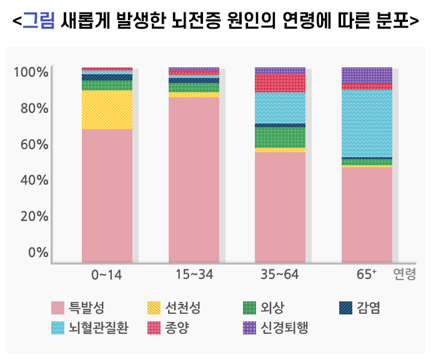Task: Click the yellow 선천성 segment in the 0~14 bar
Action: click(x=107, y=110)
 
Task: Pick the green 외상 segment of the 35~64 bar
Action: click(x=280, y=137)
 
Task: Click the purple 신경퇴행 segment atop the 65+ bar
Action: click(x=367, y=75)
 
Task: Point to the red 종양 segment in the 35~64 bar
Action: click(x=280, y=83)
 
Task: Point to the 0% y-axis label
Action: click(x=37, y=252)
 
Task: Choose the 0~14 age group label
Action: click(x=106, y=275)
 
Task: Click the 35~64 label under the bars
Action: click(x=279, y=275)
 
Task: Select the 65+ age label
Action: click(x=366, y=275)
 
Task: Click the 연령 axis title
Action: click(x=404, y=275)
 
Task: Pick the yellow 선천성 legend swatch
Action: click(x=154, y=308)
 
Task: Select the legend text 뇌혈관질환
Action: click(x=99, y=328)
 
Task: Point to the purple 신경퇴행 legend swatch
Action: click(x=249, y=328)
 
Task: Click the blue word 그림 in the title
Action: click(x=37, y=21)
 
